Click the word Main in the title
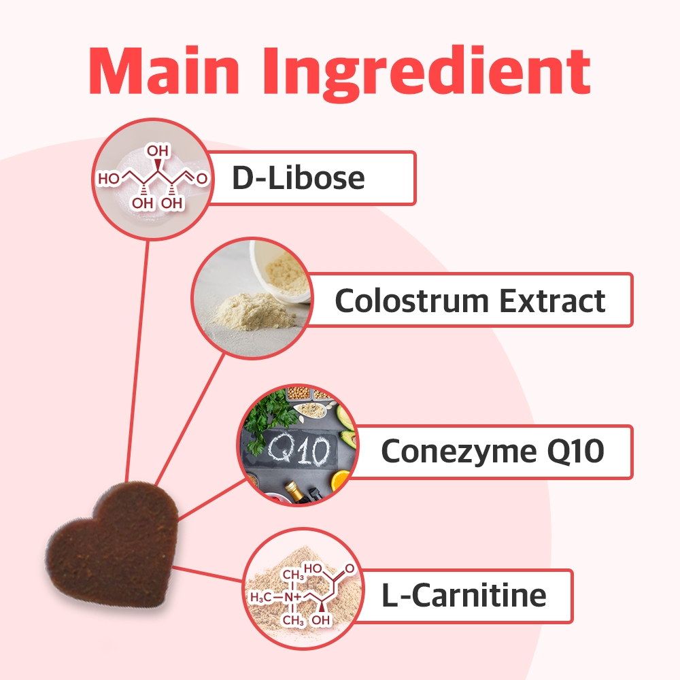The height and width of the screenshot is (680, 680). [x=165, y=70]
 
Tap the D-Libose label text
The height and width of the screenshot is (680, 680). [x=299, y=177]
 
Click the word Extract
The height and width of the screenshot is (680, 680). [x=552, y=300]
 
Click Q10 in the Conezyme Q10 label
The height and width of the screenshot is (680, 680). [x=575, y=451]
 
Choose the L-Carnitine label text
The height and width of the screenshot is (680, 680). [x=464, y=595]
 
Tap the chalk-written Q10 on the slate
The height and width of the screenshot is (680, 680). [x=299, y=449]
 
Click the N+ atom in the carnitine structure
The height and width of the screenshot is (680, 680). [x=292, y=598]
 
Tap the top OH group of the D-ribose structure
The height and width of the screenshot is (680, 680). [x=158, y=151]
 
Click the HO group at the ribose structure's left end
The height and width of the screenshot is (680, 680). [x=108, y=179]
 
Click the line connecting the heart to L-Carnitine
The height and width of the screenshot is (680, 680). [x=207, y=574]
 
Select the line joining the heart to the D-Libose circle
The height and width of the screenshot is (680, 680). [x=137, y=361]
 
